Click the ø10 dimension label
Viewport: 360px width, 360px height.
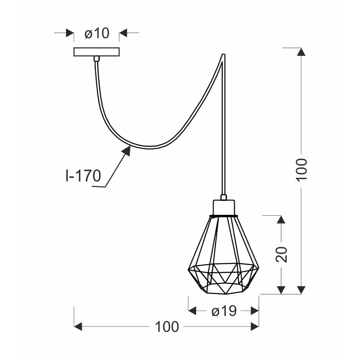(x=97, y=33)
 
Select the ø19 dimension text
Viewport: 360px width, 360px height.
(x=224, y=311)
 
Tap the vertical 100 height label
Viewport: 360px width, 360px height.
(x=302, y=169)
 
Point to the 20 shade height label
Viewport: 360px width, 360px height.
(x=282, y=255)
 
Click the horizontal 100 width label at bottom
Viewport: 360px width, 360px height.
(x=167, y=327)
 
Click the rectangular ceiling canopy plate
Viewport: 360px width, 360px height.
(x=97, y=52)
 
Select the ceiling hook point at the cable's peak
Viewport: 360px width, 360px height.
(x=224, y=55)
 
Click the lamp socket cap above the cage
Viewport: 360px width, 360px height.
(x=224, y=207)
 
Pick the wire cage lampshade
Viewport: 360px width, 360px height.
(x=224, y=257)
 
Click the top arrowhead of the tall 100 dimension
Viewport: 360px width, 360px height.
(x=302, y=52)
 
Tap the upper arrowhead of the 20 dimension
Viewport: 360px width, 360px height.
(x=282, y=220)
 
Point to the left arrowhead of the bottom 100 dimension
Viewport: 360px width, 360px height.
(x=78, y=327)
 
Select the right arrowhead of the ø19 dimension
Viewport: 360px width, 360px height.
(x=254, y=311)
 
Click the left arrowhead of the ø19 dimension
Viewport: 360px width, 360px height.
(x=192, y=311)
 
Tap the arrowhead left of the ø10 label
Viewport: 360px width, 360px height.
(x=70, y=33)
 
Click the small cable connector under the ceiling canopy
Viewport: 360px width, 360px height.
(x=96, y=59)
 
